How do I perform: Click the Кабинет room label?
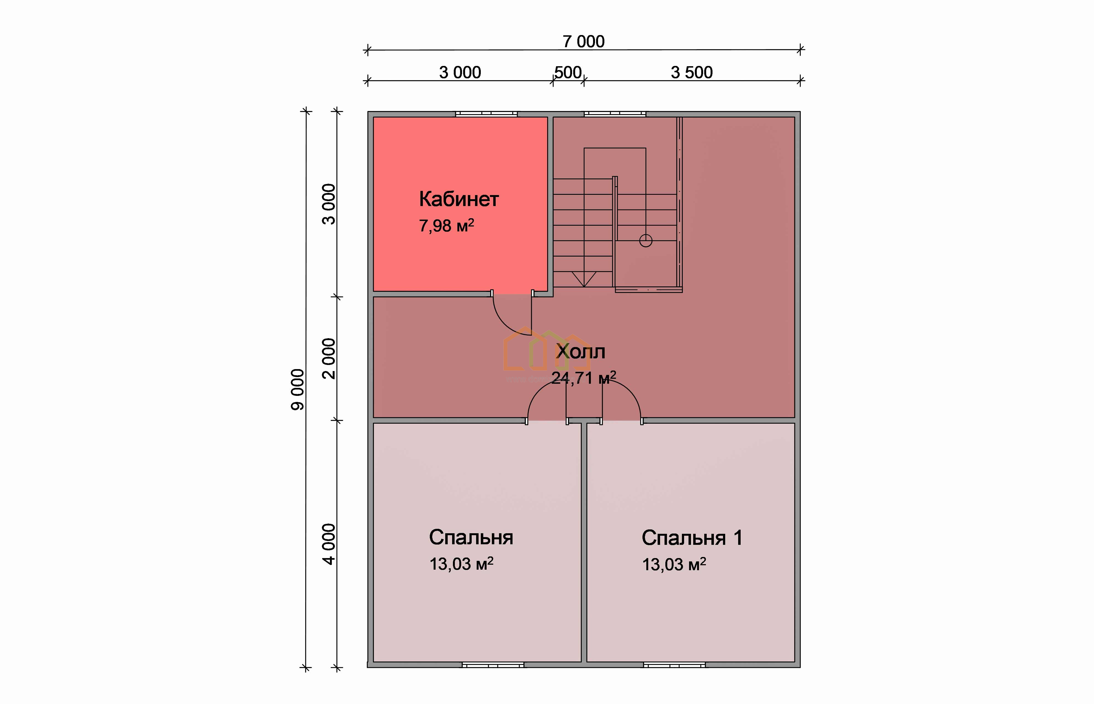(458, 199)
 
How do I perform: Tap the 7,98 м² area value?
(447, 225)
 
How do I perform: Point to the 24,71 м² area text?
(584, 378)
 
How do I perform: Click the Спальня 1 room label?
(692, 538)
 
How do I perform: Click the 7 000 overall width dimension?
(584, 42)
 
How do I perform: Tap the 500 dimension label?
(568, 72)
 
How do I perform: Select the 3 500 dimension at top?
(692, 72)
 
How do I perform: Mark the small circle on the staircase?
(646, 241)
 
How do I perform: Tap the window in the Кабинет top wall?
(486, 114)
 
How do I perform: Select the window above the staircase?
(615, 114)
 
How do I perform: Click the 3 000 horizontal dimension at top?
(460, 72)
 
